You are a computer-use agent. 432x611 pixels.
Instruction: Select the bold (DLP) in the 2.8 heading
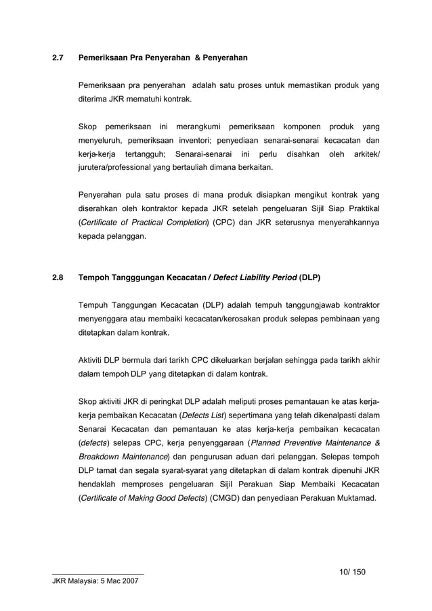(x=309, y=277)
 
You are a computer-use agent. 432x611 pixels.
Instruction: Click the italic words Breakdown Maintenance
(x=123, y=458)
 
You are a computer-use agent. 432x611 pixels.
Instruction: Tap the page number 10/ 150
(x=352, y=572)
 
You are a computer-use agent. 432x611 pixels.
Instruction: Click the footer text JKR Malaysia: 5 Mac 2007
(x=98, y=583)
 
